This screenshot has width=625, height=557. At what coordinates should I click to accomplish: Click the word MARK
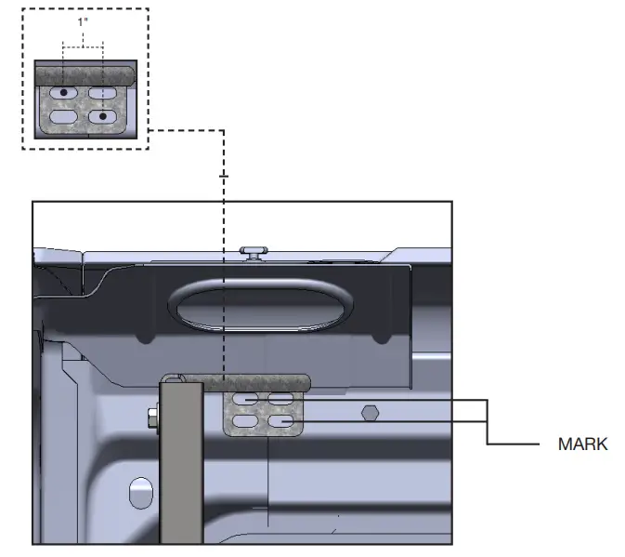click(x=582, y=444)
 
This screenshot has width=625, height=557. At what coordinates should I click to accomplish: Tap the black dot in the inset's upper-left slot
click(x=63, y=94)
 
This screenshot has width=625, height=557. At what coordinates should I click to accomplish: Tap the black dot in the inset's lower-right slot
click(x=103, y=116)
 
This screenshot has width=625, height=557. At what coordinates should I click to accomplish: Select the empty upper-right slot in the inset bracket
click(x=103, y=94)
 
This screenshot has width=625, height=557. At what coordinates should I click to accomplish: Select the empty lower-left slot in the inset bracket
click(x=63, y=116)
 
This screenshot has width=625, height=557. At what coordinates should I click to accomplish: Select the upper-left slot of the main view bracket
click(x=246, y=400)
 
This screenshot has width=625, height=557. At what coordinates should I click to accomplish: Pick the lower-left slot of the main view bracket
click(x=246, y=421)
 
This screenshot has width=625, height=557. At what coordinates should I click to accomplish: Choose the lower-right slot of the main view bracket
click(x=284, y=421)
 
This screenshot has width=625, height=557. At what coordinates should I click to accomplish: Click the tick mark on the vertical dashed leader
click(x=223, y=175)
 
